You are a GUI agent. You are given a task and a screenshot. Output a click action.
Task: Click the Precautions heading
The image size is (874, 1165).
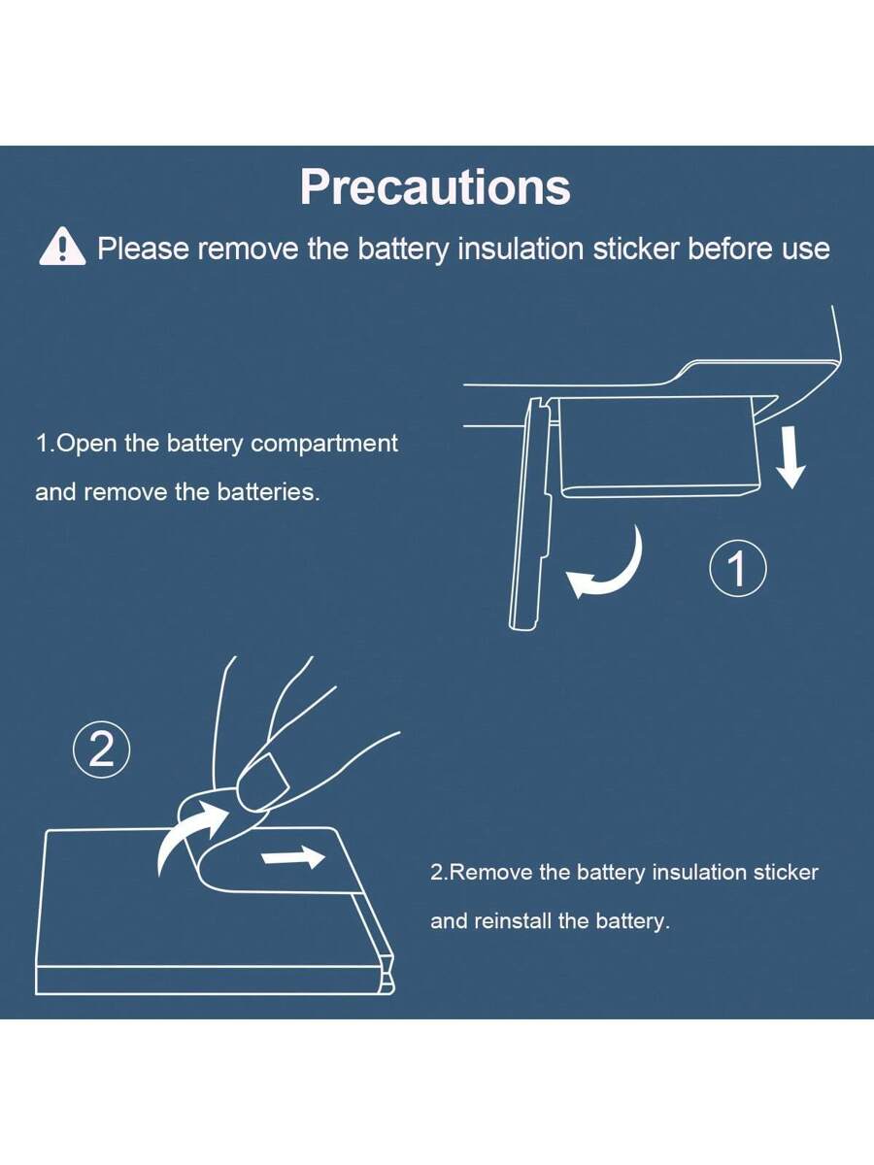pyautogui.click(x=435, y=187)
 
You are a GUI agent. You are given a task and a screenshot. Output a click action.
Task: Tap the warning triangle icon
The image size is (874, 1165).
pyautogui.click(x=62, y=247)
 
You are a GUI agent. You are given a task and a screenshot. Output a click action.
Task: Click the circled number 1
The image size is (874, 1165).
pyautogui.click(x=738, y=568)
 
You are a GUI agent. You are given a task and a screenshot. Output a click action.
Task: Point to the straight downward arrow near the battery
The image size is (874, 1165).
pyautogui.click(x=791, y=457)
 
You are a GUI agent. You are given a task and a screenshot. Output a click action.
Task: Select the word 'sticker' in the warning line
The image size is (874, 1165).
pyautogui.click(x=636, y=249)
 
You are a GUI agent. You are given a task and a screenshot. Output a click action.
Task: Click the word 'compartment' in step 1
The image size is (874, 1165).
pyautogui.click(x=324, y=443)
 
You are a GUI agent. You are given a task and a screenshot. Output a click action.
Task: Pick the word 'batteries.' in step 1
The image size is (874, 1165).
pyautogui.click(x=269, y=492)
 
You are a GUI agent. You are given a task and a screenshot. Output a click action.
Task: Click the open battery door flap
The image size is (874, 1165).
pyautogui.click(x=530, y=515)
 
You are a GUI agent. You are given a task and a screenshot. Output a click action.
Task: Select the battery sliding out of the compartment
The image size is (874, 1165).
pyautogui.click(x=659, y=447)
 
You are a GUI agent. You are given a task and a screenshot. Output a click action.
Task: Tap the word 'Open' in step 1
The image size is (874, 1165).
pyautogui.click(x=85, y=443)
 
